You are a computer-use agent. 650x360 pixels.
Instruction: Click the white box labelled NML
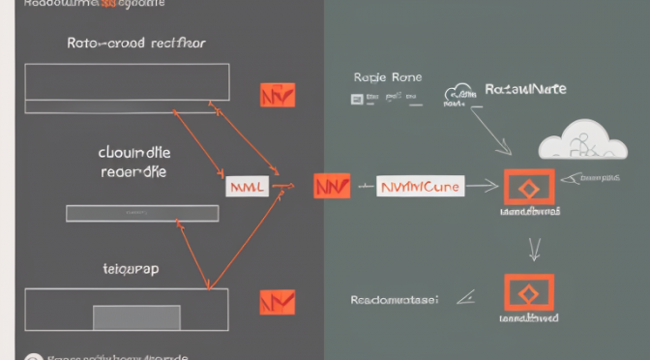[246, 186]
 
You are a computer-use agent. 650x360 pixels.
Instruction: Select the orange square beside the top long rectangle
[278, 94]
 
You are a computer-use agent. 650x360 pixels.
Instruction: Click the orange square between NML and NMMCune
[331, 186]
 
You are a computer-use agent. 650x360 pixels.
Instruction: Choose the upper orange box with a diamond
[527, 186]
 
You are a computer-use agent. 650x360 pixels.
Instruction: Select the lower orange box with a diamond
[528, 291]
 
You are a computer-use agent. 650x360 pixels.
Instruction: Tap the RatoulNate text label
[525, 89]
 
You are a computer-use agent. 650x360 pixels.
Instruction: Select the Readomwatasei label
[395, 300]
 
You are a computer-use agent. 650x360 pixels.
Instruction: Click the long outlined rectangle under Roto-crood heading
[127, 81]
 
